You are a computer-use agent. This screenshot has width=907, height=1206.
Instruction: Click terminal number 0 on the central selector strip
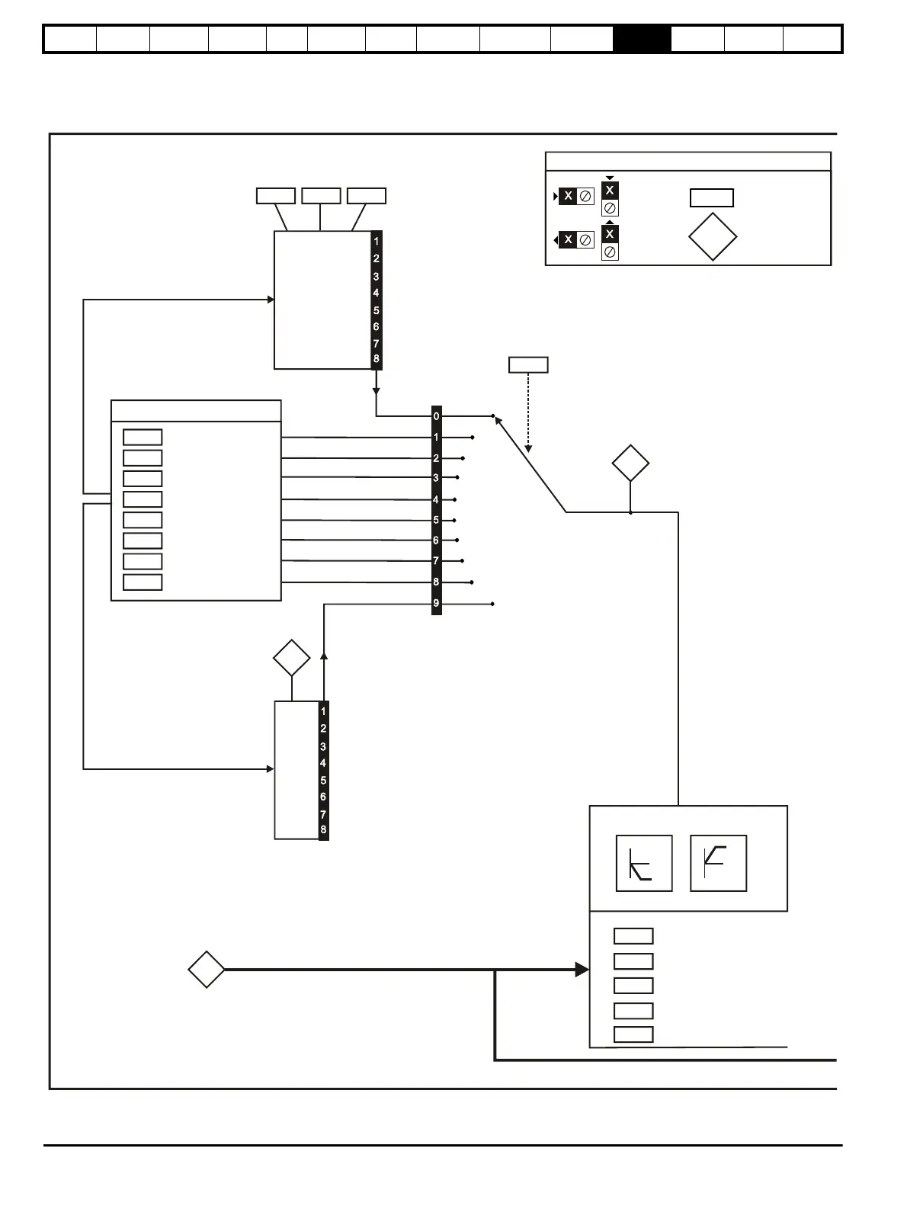point(436,416)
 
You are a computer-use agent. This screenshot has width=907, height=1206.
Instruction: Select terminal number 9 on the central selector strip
point(436,603)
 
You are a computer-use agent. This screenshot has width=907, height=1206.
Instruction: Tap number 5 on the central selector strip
point(436,520)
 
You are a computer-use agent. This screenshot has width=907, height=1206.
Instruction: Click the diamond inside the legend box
point(712,237)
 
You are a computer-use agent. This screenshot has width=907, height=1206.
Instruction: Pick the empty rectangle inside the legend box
point(711,198)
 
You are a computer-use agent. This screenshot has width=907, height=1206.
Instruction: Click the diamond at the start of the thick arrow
point(207,970)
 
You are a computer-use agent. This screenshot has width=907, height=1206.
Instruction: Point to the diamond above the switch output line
point(630,463)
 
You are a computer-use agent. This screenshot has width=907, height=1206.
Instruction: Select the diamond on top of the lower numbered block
point(292,658)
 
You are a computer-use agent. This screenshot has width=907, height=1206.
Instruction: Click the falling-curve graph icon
point(644,863)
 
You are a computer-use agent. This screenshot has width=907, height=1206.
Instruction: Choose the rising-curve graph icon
point(718,863)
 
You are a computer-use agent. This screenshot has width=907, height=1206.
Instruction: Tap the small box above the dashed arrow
point(528,364)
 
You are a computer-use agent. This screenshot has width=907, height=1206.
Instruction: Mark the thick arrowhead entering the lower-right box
point(582,970)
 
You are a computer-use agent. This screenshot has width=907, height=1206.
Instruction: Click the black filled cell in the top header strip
point(642,39)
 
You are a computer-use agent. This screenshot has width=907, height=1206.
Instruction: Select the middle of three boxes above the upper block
point(321,196)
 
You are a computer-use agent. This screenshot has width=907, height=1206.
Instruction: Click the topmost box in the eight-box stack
point(143,437)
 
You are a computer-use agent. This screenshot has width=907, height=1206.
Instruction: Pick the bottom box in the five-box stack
point(633,1034)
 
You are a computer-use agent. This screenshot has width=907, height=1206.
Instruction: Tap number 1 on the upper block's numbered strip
point(376,241)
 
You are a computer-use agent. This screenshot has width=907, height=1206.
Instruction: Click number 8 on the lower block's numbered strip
point(323,829)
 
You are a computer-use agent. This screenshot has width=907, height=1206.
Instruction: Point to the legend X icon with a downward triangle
point(610,191)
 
